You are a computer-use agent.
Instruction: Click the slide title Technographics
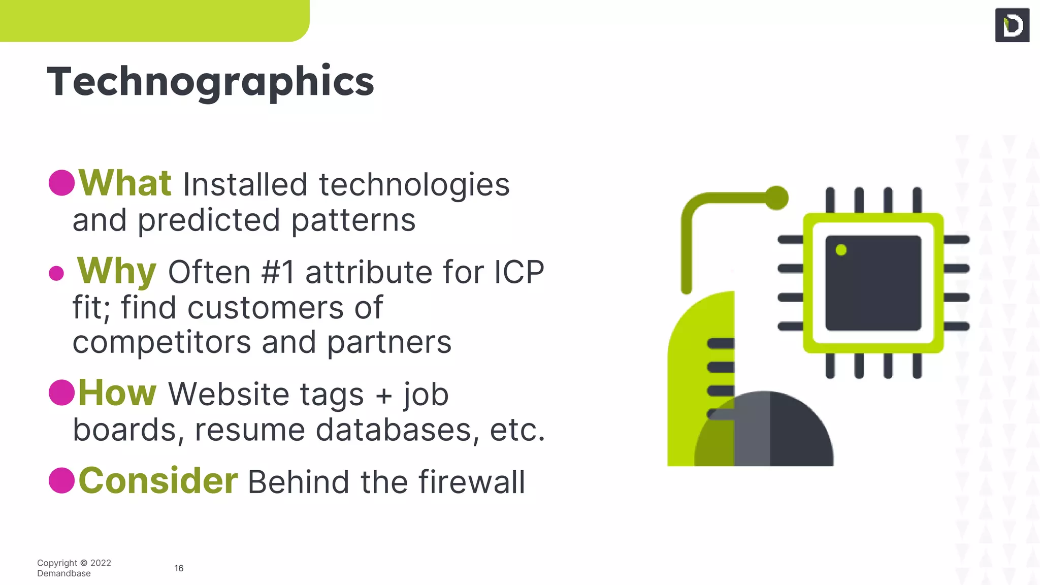(x=210, y=82)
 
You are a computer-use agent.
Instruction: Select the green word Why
(x=116, y=271)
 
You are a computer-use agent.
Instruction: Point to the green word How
(x=117, y=393)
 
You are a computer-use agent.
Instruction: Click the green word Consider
(x=158, y=480)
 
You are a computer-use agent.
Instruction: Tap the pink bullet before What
(x=62, y=183)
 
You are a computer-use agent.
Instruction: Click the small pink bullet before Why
(x=56, y=273)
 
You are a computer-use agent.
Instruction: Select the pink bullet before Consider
(x=62, y=480)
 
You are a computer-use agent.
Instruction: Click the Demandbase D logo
(x=1012, y=25)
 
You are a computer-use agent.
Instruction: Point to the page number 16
(x=179, y=568)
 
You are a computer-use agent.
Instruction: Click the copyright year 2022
(x=101, y=563)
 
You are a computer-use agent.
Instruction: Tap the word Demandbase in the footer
(x=64, y=573)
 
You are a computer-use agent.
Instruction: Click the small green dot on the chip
(x=841, y=250)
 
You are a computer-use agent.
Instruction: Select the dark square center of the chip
(x=873, y=283)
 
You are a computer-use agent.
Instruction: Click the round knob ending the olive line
(x=776, y=198)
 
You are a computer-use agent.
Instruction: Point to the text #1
(x=278, y=272)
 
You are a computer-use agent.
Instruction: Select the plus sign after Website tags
(x=384, y=395)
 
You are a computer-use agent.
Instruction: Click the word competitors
(x=162, y=342)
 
